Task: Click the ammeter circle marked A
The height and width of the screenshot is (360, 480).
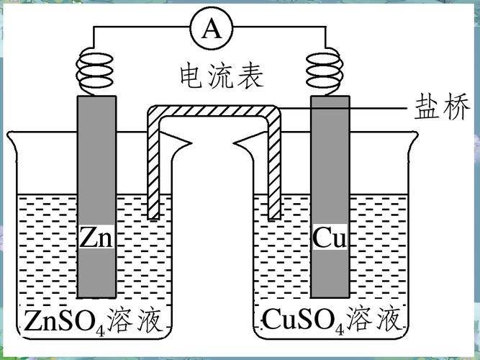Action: coord(211,29)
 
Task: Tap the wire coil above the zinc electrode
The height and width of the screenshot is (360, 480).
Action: coord(96,70)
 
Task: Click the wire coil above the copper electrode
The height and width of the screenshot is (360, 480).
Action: coord(329,70)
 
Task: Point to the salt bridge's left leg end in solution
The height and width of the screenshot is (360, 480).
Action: coord(152,214)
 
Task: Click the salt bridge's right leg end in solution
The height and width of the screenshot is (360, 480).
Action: coord(273,214)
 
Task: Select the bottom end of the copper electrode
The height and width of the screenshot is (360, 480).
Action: coord(330,294)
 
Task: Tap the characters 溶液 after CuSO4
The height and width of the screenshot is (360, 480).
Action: coord(373,318)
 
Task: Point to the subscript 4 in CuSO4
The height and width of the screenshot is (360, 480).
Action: coord(334,326)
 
